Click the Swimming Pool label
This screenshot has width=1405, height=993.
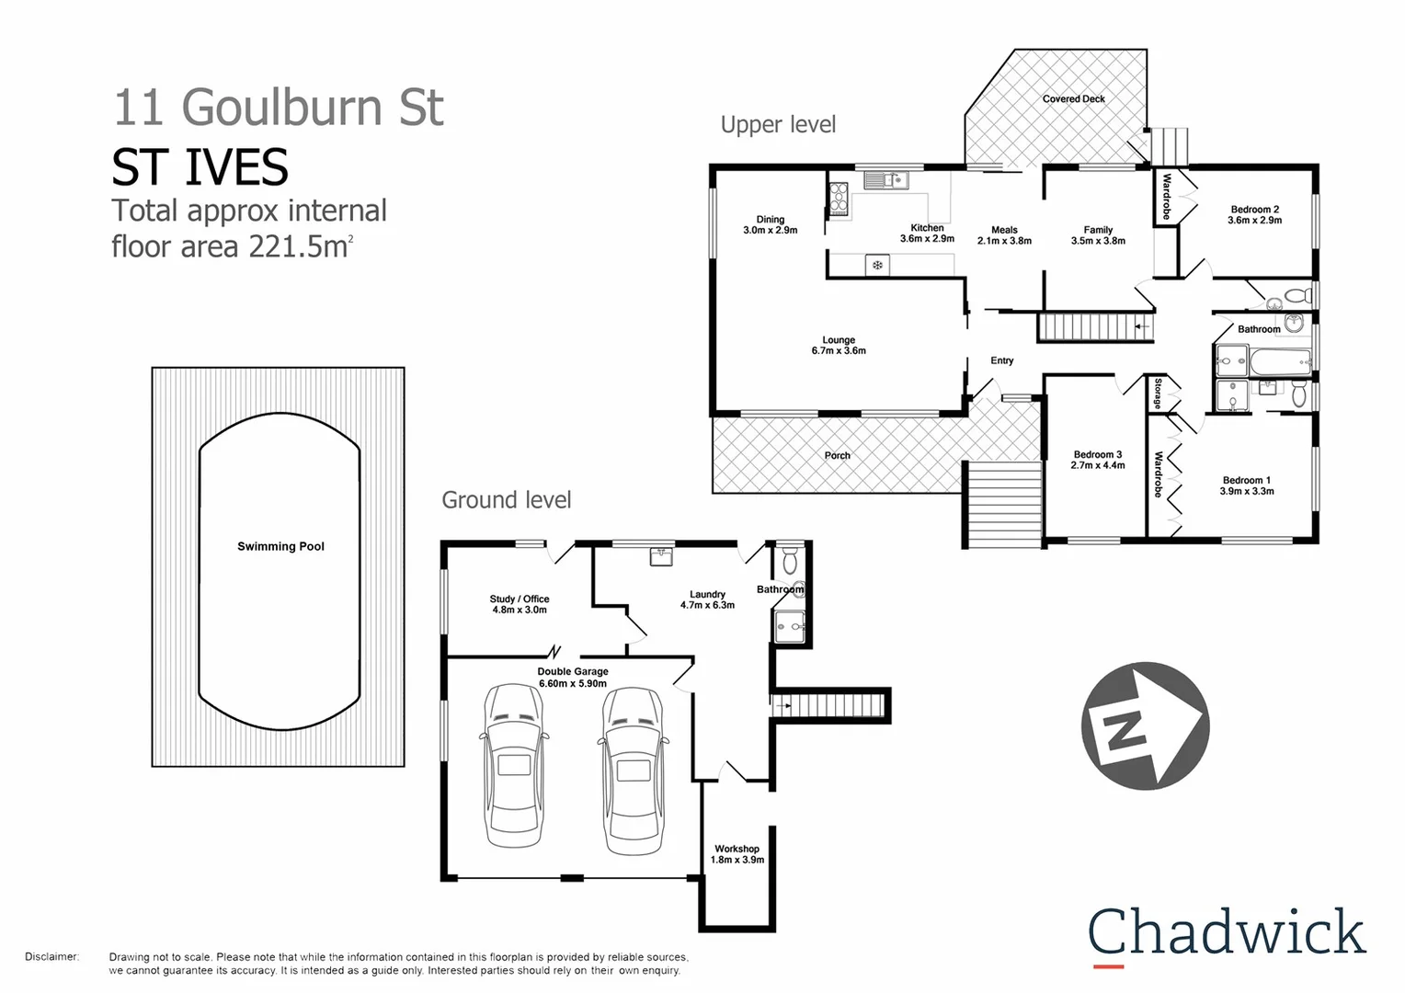click(x=280, y=546)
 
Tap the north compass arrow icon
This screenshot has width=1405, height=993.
click(x=1145, y=725)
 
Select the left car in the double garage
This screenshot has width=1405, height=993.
click(x=514, y=766)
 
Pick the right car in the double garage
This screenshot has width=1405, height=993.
click(x=633, y=770)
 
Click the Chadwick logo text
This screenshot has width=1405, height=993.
click(x=1227, y=932)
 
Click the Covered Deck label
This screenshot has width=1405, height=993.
click(x=1073, y=99)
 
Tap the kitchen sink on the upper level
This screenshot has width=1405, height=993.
click(x=885, y=180)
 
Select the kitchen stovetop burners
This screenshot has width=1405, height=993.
click(x=839, y=199)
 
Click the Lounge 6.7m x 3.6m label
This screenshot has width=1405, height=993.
click(x=838, y=346)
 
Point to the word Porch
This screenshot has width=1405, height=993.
click(x=837, y=456)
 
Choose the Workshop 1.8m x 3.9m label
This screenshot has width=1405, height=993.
click(x=737, y=855)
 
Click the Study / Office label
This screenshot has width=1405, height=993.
click(x=519, y=604)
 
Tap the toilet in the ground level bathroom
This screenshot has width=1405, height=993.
click(x=790, y=560)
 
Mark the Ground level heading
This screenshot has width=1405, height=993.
click(x=506, y=500)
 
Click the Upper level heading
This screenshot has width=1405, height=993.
click(x=778, y=125)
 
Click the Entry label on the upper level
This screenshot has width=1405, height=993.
click(x=1001, y=361)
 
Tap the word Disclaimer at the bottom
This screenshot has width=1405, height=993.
click(x=51, y=957)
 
